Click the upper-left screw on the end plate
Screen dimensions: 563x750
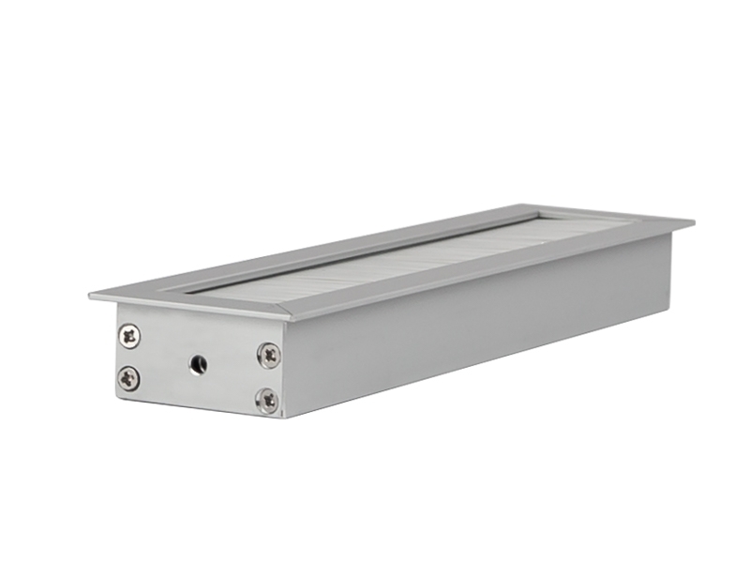pos(129,336)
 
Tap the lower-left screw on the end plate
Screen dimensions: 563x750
pos(129,378)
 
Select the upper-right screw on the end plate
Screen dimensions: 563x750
pos(269,355)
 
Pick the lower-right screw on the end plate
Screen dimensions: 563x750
pos(268,401)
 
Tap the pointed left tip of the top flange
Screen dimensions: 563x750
pos(91,297)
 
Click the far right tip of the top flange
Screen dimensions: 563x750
pos(693,223)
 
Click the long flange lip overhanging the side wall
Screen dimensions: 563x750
pos(487,267)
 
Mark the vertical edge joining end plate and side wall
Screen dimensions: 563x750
pos(284,371)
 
